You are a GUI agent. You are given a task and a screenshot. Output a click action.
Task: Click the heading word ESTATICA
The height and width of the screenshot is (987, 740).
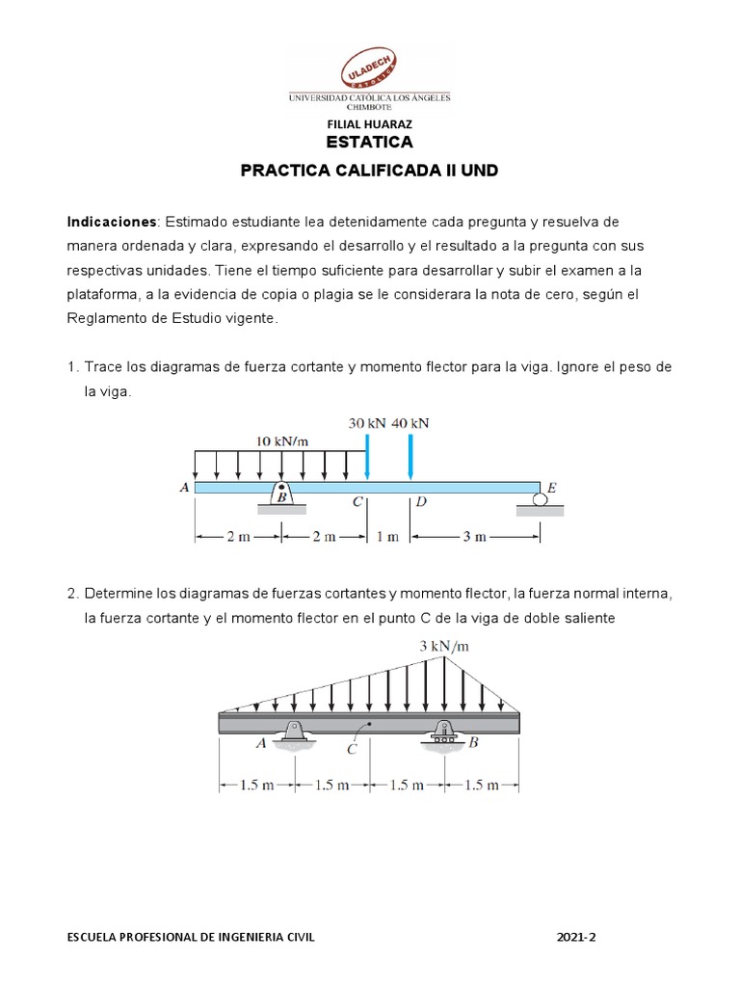pyautogui.click(x=369, y=143)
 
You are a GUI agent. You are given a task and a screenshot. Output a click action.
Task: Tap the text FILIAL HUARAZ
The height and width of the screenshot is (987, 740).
pyautogui.click(x=370, y=124)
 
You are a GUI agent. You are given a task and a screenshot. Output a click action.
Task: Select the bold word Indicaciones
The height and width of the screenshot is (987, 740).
pyautogui.click(x=111, y=222)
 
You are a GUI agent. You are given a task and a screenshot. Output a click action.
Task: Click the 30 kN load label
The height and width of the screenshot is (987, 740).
pyautogui.click(x=366, y=423)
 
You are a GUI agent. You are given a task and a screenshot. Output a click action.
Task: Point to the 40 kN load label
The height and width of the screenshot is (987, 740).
pyautogui.click(x=410, y=423)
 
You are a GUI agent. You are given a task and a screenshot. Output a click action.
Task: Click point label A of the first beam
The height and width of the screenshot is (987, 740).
pyautogui.click(x=184, y=488)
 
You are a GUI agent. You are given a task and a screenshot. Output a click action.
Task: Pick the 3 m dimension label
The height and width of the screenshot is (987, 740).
pyautogui.click(x=473, y=538)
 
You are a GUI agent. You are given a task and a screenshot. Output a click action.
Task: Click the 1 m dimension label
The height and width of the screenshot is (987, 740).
pyautogui.click(x=387, y=538)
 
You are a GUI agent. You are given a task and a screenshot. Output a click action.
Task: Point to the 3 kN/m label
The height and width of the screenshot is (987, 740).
pyautogui.click(x=444, y=647)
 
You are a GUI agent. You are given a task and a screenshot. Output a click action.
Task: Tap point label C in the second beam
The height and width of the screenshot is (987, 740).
pyautogui.click(x=353, y=747)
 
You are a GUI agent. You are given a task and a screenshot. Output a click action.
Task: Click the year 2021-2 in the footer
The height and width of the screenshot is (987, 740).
pyautogui.click(x=577, y=936)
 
